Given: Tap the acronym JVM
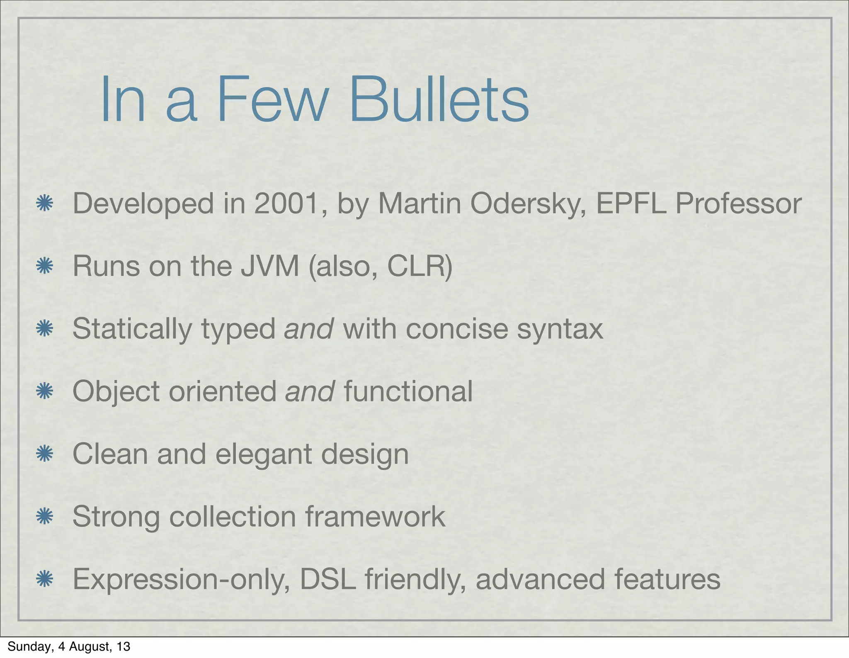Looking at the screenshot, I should pyautogui.click(x=270, y=266).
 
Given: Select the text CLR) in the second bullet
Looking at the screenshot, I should pyautogui.click(x=420, y=266).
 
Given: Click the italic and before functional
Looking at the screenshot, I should pyautogui.click(x=310, y=391).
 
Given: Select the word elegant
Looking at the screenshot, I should pyautogui.click(x=263, y=454).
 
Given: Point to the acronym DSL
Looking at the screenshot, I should pyautogui.click(x=327, y=579).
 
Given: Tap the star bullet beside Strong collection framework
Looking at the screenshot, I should pyautogui.click(x=44, y=517).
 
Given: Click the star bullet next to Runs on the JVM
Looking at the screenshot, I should pyautogui.click(x=44, y=266).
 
